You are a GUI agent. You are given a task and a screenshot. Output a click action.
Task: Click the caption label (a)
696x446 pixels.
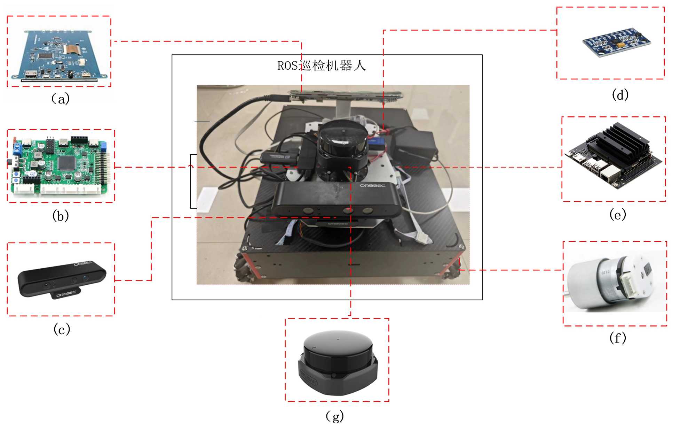coord(61,99)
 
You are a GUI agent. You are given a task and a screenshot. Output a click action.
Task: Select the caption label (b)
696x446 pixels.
coord(61,216)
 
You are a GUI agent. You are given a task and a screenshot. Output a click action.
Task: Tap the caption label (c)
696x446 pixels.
coord(62,329)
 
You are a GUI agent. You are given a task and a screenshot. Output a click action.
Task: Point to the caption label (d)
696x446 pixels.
coord(620,95)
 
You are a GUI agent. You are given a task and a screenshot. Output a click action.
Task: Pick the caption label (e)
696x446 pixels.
coord(618,215)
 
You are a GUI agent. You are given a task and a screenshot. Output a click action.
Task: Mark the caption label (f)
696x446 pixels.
coord(618,338)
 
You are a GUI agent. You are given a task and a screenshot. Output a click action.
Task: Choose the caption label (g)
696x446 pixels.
coord(335,416)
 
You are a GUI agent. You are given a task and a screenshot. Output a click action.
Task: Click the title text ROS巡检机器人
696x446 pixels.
coord(322,66)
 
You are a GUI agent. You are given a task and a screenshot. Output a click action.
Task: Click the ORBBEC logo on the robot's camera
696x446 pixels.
coord(372,186)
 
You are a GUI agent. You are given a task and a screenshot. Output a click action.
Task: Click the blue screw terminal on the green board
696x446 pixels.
coord(17,149)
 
